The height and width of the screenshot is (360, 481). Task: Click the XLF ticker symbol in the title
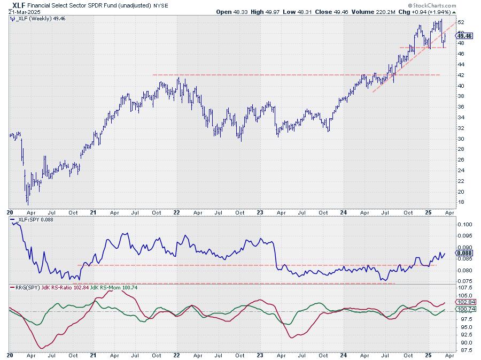tap(17, 4)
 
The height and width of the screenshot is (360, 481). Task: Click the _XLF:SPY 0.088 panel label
tap(32, 219)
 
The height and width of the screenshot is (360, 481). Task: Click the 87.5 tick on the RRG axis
tap(465, 350)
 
